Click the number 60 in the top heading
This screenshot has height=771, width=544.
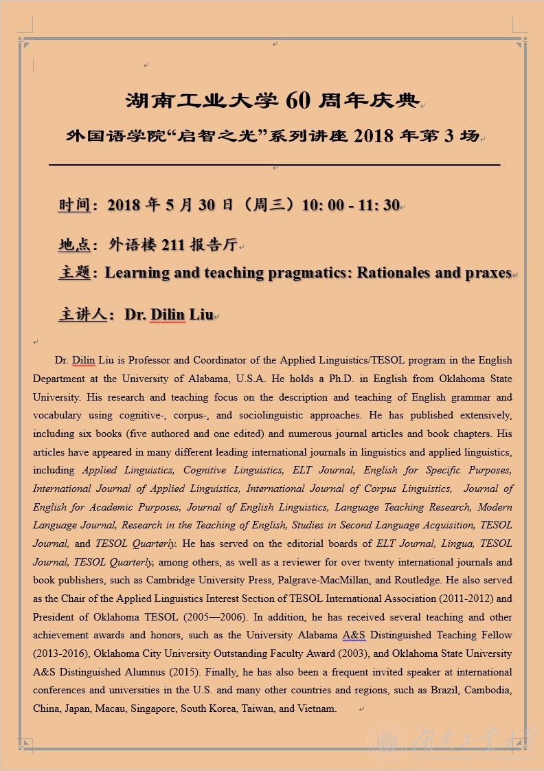coord(295,100)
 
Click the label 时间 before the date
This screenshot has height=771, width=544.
coord(74,205)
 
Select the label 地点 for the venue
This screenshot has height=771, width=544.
coord(74,244)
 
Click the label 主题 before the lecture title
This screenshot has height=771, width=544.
coord(74,273)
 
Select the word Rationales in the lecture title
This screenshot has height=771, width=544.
coord(394,273)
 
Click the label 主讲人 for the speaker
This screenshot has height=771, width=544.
coord(82,315)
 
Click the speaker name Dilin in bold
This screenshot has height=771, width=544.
coord(168,315)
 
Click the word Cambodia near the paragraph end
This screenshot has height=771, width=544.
coord(488,690)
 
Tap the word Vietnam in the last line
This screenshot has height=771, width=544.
coord(317,708)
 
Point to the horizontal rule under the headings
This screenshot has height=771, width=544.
coord(274,165)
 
